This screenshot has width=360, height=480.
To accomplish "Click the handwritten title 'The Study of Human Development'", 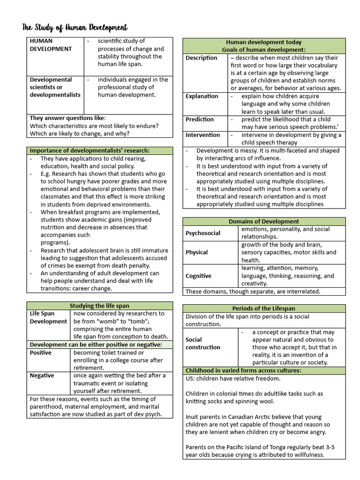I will [75, 28].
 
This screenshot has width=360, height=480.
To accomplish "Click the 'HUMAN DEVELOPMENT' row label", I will [51, 45].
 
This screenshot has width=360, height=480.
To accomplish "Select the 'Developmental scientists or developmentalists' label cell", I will [55, 87].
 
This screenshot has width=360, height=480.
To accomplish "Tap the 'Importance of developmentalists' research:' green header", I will [90, 150].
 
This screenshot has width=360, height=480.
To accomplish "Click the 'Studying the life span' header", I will [99, 306].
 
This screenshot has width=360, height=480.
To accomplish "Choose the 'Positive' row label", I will [41, 352].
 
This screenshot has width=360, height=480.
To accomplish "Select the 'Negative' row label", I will [42, 375].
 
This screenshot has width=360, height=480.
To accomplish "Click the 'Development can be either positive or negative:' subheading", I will [96, 345].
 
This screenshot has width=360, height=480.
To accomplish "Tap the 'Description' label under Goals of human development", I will [202, 58].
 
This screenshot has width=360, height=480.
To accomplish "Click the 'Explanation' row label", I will [202, 96].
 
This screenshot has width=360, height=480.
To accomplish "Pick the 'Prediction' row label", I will [200, 119].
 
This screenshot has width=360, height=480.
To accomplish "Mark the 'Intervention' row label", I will [202, 135].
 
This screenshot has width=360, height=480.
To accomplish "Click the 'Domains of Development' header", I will [263, 221].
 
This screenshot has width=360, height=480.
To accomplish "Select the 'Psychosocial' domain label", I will [203, 233].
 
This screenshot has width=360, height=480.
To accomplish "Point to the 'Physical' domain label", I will [197, 252].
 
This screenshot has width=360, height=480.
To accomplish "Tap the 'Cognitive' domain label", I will [199, 276].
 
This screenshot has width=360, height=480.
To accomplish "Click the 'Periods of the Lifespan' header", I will [263, 308].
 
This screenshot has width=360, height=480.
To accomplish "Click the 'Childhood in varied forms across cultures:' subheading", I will [243, 370].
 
